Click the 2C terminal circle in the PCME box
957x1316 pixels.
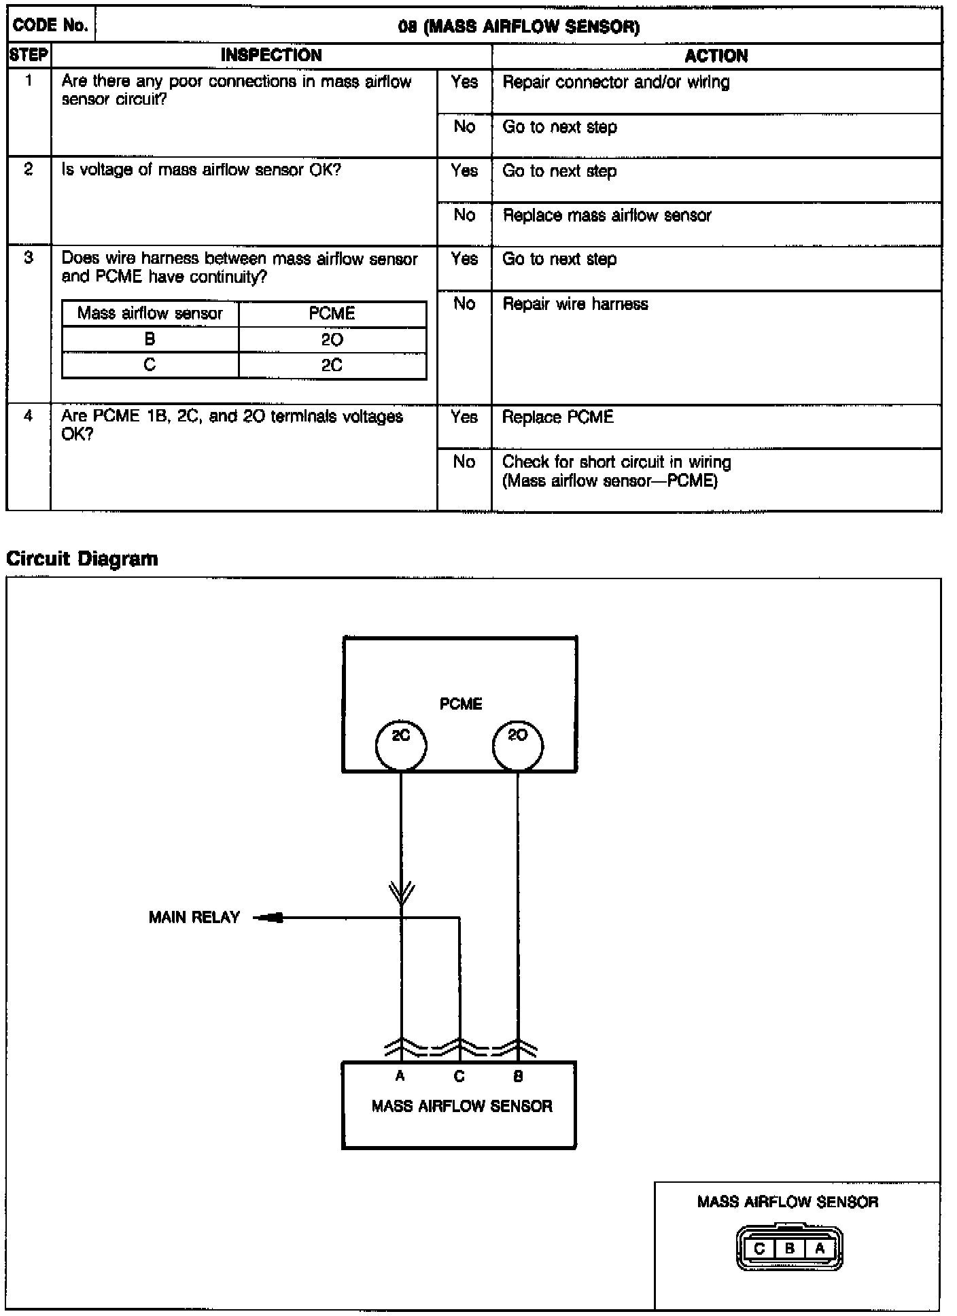(x=401, y=745)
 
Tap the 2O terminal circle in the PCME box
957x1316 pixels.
(x=517, y=745)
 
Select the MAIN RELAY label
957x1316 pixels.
(x=194, y=918)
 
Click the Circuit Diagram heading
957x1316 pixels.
(x=82, y=559)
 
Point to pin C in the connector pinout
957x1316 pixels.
(x=759, y=1248)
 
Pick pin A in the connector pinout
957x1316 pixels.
(x=820, y=1248)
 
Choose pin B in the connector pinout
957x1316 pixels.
(x=790, y=1248)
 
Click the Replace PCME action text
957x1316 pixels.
(x=557, y=417)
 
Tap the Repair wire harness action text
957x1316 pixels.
(x=575, y=304)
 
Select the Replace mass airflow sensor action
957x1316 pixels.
(x=607, y=215)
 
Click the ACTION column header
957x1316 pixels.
(x=716, y=56)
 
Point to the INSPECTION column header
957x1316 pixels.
(x=271, y=56)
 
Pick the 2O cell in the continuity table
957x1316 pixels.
(x=332, y=340)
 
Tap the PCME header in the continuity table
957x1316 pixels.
(x=332, y=313)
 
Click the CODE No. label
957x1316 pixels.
(x=50, y=26)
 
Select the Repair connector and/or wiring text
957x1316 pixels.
(x=616, y=82)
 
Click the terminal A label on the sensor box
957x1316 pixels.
(x=400, y=1076)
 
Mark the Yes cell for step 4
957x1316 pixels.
(x=464, y=417)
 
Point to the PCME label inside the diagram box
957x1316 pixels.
(x=461, y=704)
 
